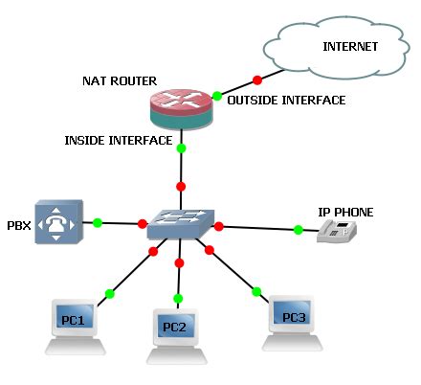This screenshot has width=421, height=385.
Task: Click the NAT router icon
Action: (x=181, y=109)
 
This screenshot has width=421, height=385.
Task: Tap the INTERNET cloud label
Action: (x=350, y=47)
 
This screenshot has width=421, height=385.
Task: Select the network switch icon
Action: (x=181, y=224)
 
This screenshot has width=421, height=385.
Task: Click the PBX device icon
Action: (x=58, y=222)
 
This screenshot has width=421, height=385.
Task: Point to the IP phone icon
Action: (x=337, y=232)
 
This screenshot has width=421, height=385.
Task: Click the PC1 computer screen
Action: (x=75, y=316)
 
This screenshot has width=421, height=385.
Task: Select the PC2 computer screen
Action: (x=176, y=326)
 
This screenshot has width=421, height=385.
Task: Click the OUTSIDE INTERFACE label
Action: (x=286, y=101)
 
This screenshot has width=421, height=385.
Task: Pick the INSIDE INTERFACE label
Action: (x=119, y=141)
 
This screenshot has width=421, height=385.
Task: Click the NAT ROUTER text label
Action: (x=120, y=81)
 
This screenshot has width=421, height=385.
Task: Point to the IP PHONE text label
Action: (x=345, y=213)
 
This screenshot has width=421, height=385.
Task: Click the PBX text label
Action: (x=19, y=226)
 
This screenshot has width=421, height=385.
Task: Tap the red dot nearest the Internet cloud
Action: (x=257, y=80)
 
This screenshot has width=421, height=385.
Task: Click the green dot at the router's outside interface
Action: (x=217, y=96)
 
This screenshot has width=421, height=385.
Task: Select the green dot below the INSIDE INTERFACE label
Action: (x=181, y=148)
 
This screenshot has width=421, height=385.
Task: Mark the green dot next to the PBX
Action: (x=98, y=223)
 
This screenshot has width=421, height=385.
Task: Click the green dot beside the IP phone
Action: (x=299, y=230)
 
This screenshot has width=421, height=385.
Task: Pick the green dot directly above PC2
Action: (x=178, y=299)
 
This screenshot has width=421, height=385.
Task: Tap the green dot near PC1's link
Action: (x=109, y=294)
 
